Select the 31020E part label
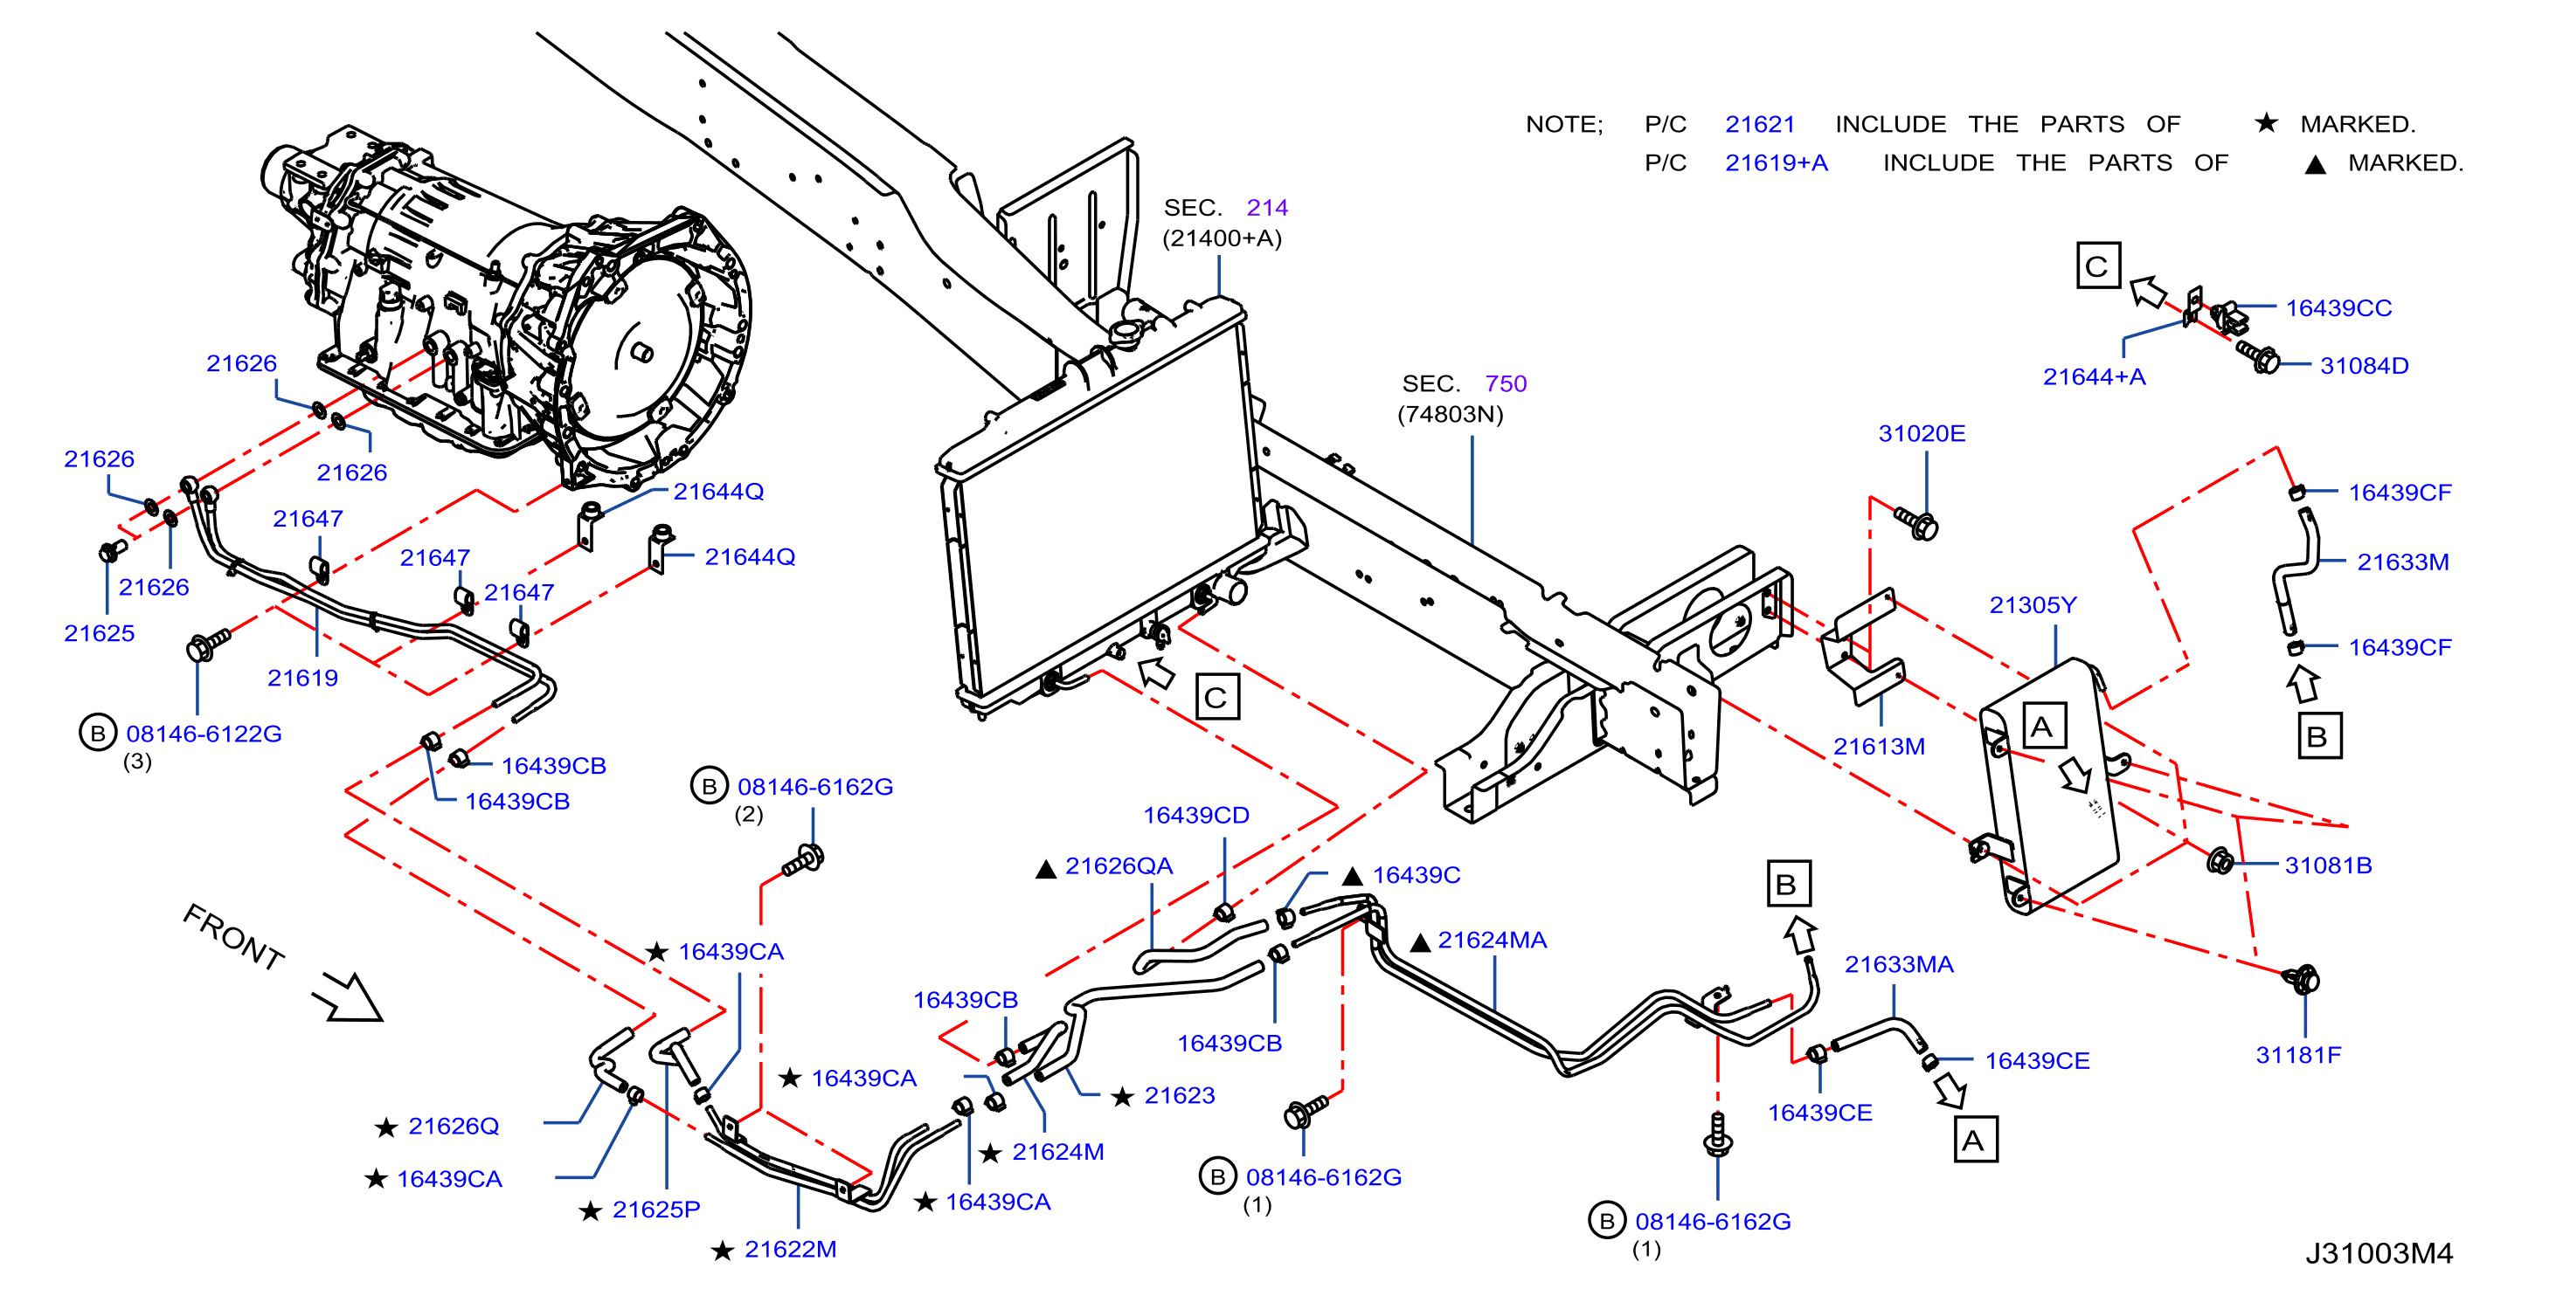[x=1922, y=434]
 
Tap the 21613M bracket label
[x=1879, y=746]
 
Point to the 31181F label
[x=2297, y=1054]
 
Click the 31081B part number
[x=2327, y=865]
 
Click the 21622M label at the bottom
[x=790, y=1249]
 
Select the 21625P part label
[x=655, y=1210]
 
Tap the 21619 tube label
[x=302, y=679]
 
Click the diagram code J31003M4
[x=2378, y=1253]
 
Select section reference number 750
[x=1505, y=384]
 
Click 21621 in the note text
[x=1759, y=124]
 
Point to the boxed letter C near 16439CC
[x=2097, y=265]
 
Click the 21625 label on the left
[x=99, y=633]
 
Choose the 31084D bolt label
[x=2363, y=366]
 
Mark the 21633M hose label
[x=2402, y=562]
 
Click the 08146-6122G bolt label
[x=203, y=734]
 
